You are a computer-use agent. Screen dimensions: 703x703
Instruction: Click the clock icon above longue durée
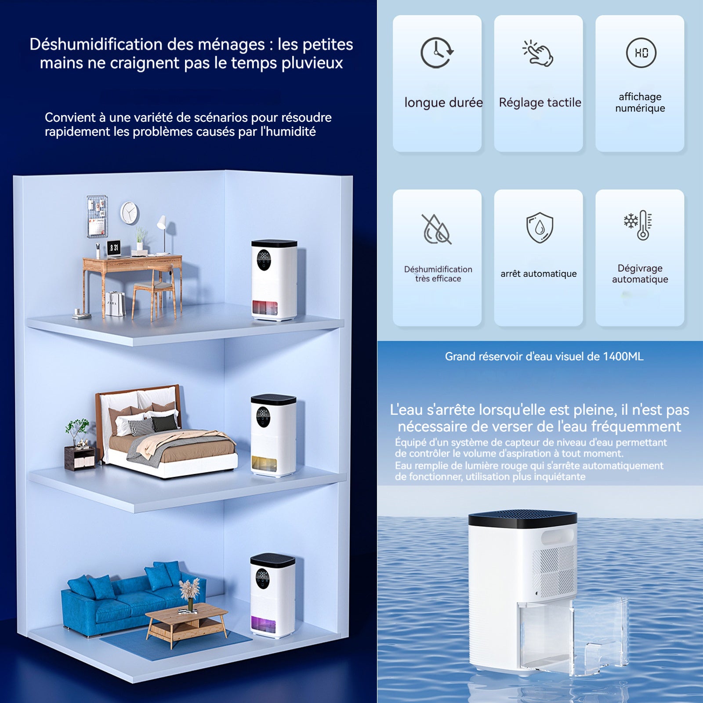coord(436,53)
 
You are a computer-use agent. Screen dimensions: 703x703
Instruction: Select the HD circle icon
coord(641,53)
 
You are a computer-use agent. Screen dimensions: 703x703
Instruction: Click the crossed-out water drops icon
coord(436,229)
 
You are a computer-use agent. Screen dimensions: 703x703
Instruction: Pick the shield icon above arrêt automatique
coord(540,228)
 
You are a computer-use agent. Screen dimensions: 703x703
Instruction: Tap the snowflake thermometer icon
coord(638,225)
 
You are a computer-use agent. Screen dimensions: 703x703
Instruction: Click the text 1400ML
coord(623,356)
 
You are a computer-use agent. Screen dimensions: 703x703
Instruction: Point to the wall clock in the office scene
coord(129,213)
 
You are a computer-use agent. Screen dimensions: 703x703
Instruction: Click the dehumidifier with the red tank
coord(274,280)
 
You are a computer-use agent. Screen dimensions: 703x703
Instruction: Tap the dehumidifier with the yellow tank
coord(273,435)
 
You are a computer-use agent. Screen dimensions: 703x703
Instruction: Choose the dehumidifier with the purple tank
coord(272,595)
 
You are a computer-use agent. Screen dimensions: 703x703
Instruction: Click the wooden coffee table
coord(187,623)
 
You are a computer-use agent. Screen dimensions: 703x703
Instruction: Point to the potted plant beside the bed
coord(77,433)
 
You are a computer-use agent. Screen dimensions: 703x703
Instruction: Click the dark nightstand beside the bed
coord(80,458)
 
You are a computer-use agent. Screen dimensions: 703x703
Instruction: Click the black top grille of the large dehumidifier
coord(522,518)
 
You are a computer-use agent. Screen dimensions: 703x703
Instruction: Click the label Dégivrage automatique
coord(640,274)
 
